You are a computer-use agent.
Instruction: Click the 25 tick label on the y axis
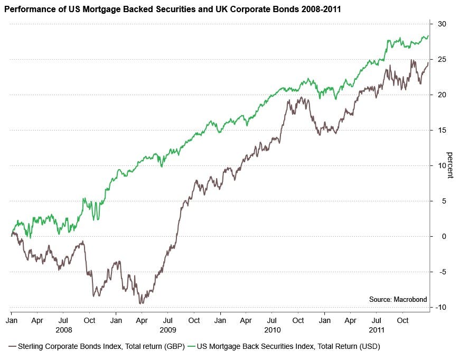[x=442, y=60]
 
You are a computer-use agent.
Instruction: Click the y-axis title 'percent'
[x=450, y=165]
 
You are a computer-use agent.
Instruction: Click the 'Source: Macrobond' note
[x=398, y=300]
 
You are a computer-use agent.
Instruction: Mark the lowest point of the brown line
[x=140, y=303]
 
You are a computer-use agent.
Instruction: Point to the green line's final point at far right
[x=428, y=36]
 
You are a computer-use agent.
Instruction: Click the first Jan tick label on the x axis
[x=12, y=320]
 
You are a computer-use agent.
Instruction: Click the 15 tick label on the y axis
[x=442, y=130]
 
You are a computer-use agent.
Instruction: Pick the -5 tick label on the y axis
[x=441, y=272]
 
